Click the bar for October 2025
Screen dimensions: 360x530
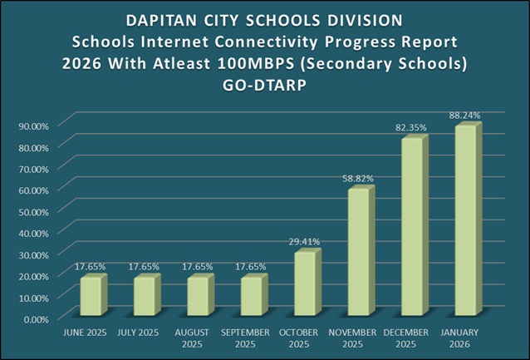click(x=305, y=284)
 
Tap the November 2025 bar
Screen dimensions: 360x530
click(x=359, y=253)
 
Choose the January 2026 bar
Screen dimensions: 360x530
click(x=464, y=221)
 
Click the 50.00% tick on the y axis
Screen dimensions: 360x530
click(x=33, y=210)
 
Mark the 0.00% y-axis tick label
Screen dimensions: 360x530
click(x=36, y=318)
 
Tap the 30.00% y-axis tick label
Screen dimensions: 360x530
click(x=33, y=254)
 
